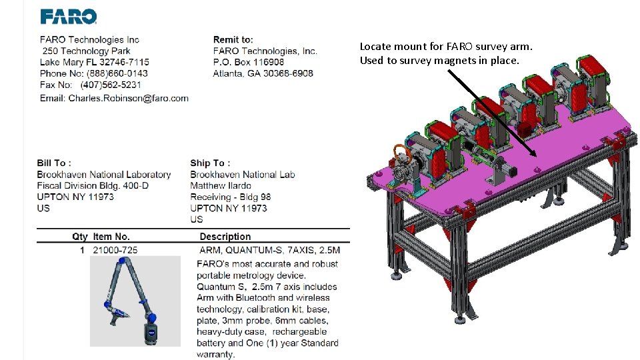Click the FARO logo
pos(68,17)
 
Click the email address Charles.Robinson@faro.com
pos(128,99)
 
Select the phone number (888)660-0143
pos(117,73)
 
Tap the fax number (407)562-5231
pos(111,85)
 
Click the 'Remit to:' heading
pos(233,39)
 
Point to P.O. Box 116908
pos(249,62)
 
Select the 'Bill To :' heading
pos(54,163)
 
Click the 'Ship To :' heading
pos(210,163)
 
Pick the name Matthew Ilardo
pos(221,186)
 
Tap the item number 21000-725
pos(115,250)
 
